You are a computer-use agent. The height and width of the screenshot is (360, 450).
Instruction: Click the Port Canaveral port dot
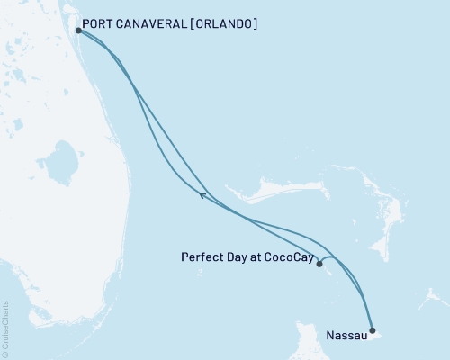(79, 30)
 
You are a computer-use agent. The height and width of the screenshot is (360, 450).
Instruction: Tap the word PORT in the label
(97, 24)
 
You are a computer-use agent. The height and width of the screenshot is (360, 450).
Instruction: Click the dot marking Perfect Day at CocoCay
(319, 264)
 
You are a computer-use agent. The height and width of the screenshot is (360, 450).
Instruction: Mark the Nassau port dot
(373, 330)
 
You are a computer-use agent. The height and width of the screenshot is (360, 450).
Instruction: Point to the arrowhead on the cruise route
(202, 193)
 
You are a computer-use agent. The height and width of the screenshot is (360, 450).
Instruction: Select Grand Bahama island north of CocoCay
(261, 192)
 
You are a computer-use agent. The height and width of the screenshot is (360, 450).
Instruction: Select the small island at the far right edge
(438, 296)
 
